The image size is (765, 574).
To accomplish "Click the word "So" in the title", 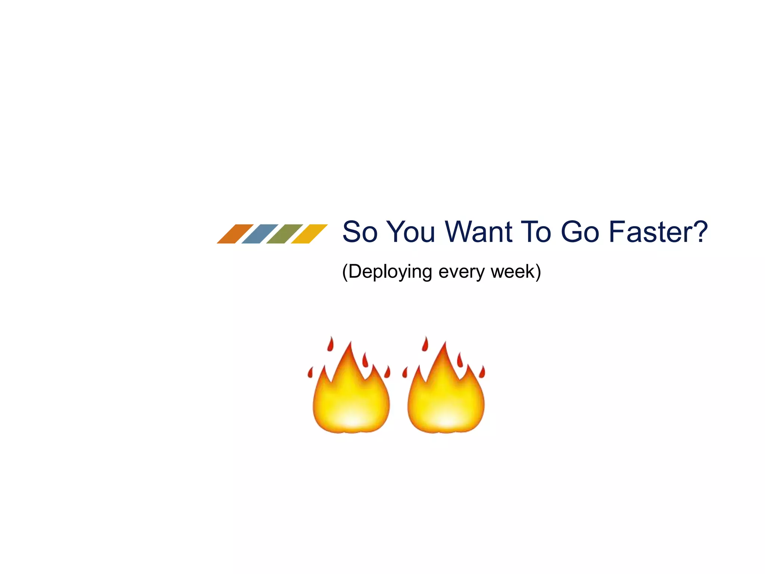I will (360, 232).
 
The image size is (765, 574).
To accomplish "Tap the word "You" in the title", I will (411, 232).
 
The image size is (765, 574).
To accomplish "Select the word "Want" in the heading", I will (478, 232).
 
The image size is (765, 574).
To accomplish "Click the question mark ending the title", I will (699, 231).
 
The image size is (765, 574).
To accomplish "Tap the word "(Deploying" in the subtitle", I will (387, 272).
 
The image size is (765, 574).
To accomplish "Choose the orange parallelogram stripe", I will (235, 234).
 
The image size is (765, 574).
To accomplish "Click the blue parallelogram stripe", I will (260, 234).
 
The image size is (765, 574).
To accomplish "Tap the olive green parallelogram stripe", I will (284, 234).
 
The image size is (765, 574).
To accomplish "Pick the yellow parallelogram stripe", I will (309, 234).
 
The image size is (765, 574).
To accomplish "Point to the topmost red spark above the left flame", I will (330, 344).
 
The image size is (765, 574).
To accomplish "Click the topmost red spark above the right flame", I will (425, 344).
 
